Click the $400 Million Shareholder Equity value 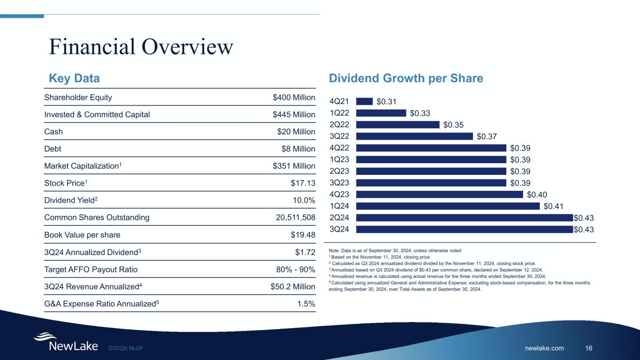[x=294, y=97]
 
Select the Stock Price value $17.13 [x=303, y=183]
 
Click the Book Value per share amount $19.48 [x=303, y=235]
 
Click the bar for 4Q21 [x=364, y=101]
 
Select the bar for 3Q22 [x=414, y=136]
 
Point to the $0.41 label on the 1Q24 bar [x=554, y=206]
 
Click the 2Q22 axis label [x=339, y=125]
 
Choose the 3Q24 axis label [x=339, y=229]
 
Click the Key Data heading [x=75, y=78]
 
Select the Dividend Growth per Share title [x=406, y=78]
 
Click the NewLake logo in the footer [x=66, y=343]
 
